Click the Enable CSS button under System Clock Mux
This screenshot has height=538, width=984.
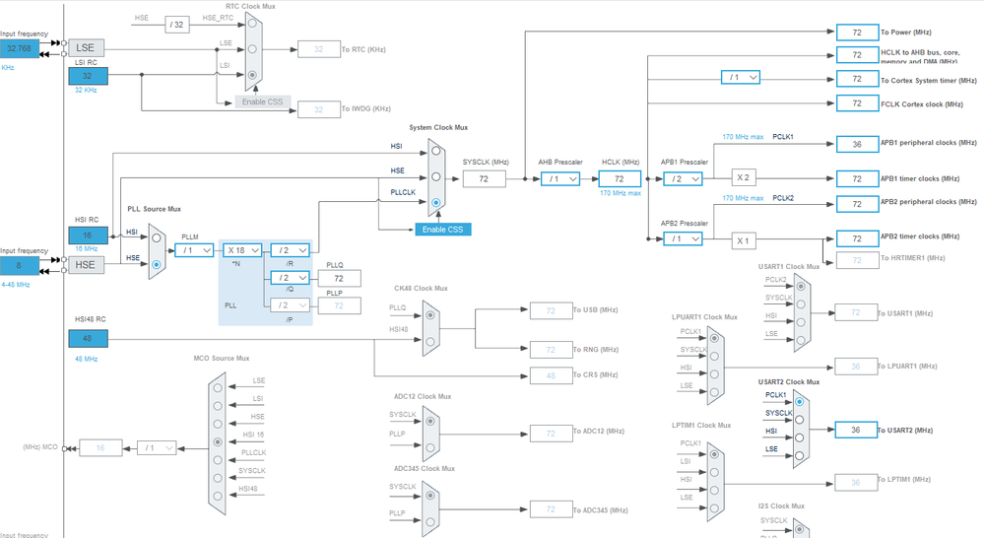pos(442,229)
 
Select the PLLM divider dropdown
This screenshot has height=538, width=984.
pos(197,250)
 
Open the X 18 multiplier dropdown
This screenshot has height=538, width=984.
pos(242,250)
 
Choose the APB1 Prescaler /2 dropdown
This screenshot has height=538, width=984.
pos(682,178)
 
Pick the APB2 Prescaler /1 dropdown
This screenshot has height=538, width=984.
pos(682,238)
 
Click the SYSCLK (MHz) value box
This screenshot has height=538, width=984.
pos(484,178)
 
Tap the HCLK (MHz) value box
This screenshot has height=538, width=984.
pos(620,178)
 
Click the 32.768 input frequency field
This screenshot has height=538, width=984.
pos(20,47)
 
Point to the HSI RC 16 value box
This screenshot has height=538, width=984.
pos(88,235)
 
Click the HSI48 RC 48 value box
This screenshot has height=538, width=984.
pos(88,338)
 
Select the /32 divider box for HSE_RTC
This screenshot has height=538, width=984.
pos(176,25)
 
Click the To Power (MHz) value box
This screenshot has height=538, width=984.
pos(856,33)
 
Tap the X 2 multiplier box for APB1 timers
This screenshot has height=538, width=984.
pos(745,178)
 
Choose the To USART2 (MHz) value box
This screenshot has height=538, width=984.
pos(856,430)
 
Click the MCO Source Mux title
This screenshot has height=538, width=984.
pos(221,358)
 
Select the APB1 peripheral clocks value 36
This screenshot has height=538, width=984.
pos(856,144)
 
